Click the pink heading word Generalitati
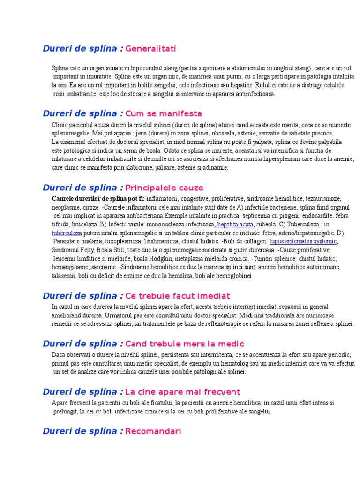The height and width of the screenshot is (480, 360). point(150,49)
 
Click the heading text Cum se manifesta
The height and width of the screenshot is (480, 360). point(164,113)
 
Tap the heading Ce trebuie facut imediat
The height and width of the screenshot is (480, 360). point(178,296)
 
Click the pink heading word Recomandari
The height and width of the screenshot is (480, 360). point(153,431)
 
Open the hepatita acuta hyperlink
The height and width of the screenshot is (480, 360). point(236,224)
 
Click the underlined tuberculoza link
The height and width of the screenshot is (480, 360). point(67,232)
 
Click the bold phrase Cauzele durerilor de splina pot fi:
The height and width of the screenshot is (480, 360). point(98,199)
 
